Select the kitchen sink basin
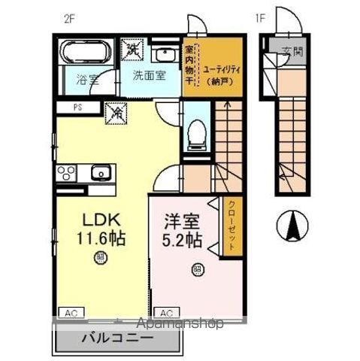pyautogui.click(x=101, y=174)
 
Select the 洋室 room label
pyautogui.click(x=183, y=223)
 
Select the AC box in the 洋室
pyautogui.click(x=165, y=312)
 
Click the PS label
pyautogui.click(x=77, y=108)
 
